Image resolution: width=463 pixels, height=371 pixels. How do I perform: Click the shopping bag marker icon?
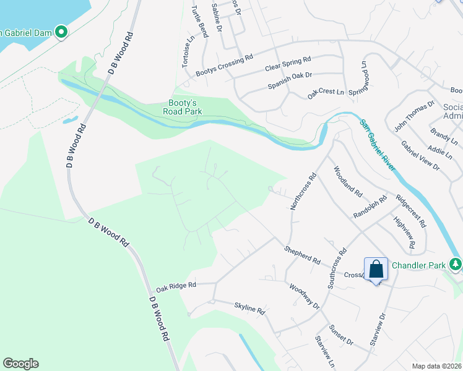coord(376,269)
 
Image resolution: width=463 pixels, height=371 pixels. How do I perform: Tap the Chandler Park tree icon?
coord(456,265)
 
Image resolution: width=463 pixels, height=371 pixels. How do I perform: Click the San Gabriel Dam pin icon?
coord(61,32)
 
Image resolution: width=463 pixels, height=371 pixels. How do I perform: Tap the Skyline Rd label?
coord(249,307)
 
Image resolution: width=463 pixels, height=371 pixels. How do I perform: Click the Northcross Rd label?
coord(303,192)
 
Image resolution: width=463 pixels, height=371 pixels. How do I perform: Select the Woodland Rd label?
coord(348,181)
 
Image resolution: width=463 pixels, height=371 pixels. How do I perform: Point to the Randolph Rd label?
coord(370,207)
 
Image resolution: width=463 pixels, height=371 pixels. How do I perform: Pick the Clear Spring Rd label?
coord(287,64)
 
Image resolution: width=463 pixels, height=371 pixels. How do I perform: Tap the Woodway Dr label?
coord(305,296)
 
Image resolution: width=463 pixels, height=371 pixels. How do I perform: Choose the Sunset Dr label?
coord(340,335)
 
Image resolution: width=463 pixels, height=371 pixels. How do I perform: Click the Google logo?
coord(20,364)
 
